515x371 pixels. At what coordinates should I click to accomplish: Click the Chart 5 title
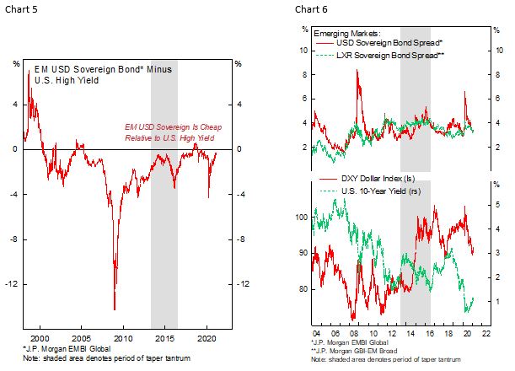click(x=21, y=9)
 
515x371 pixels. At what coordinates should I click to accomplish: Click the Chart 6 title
click(x=308, y=9)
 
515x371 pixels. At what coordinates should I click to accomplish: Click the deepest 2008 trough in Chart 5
click(x=115, y=309)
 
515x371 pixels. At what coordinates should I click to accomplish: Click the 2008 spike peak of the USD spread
click(x=358, y=71)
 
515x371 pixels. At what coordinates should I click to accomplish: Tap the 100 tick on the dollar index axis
click(x=303, y=218)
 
